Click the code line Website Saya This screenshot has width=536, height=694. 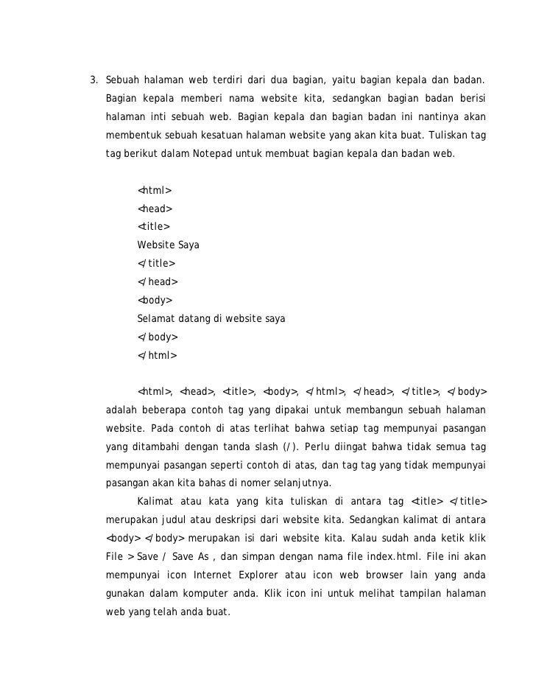[x=168, y=244]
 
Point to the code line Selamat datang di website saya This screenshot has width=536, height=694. [x=211, y=319]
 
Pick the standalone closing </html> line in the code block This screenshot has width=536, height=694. [x=157, y=356]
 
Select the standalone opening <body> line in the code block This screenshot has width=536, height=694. [x=155, y=300]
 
